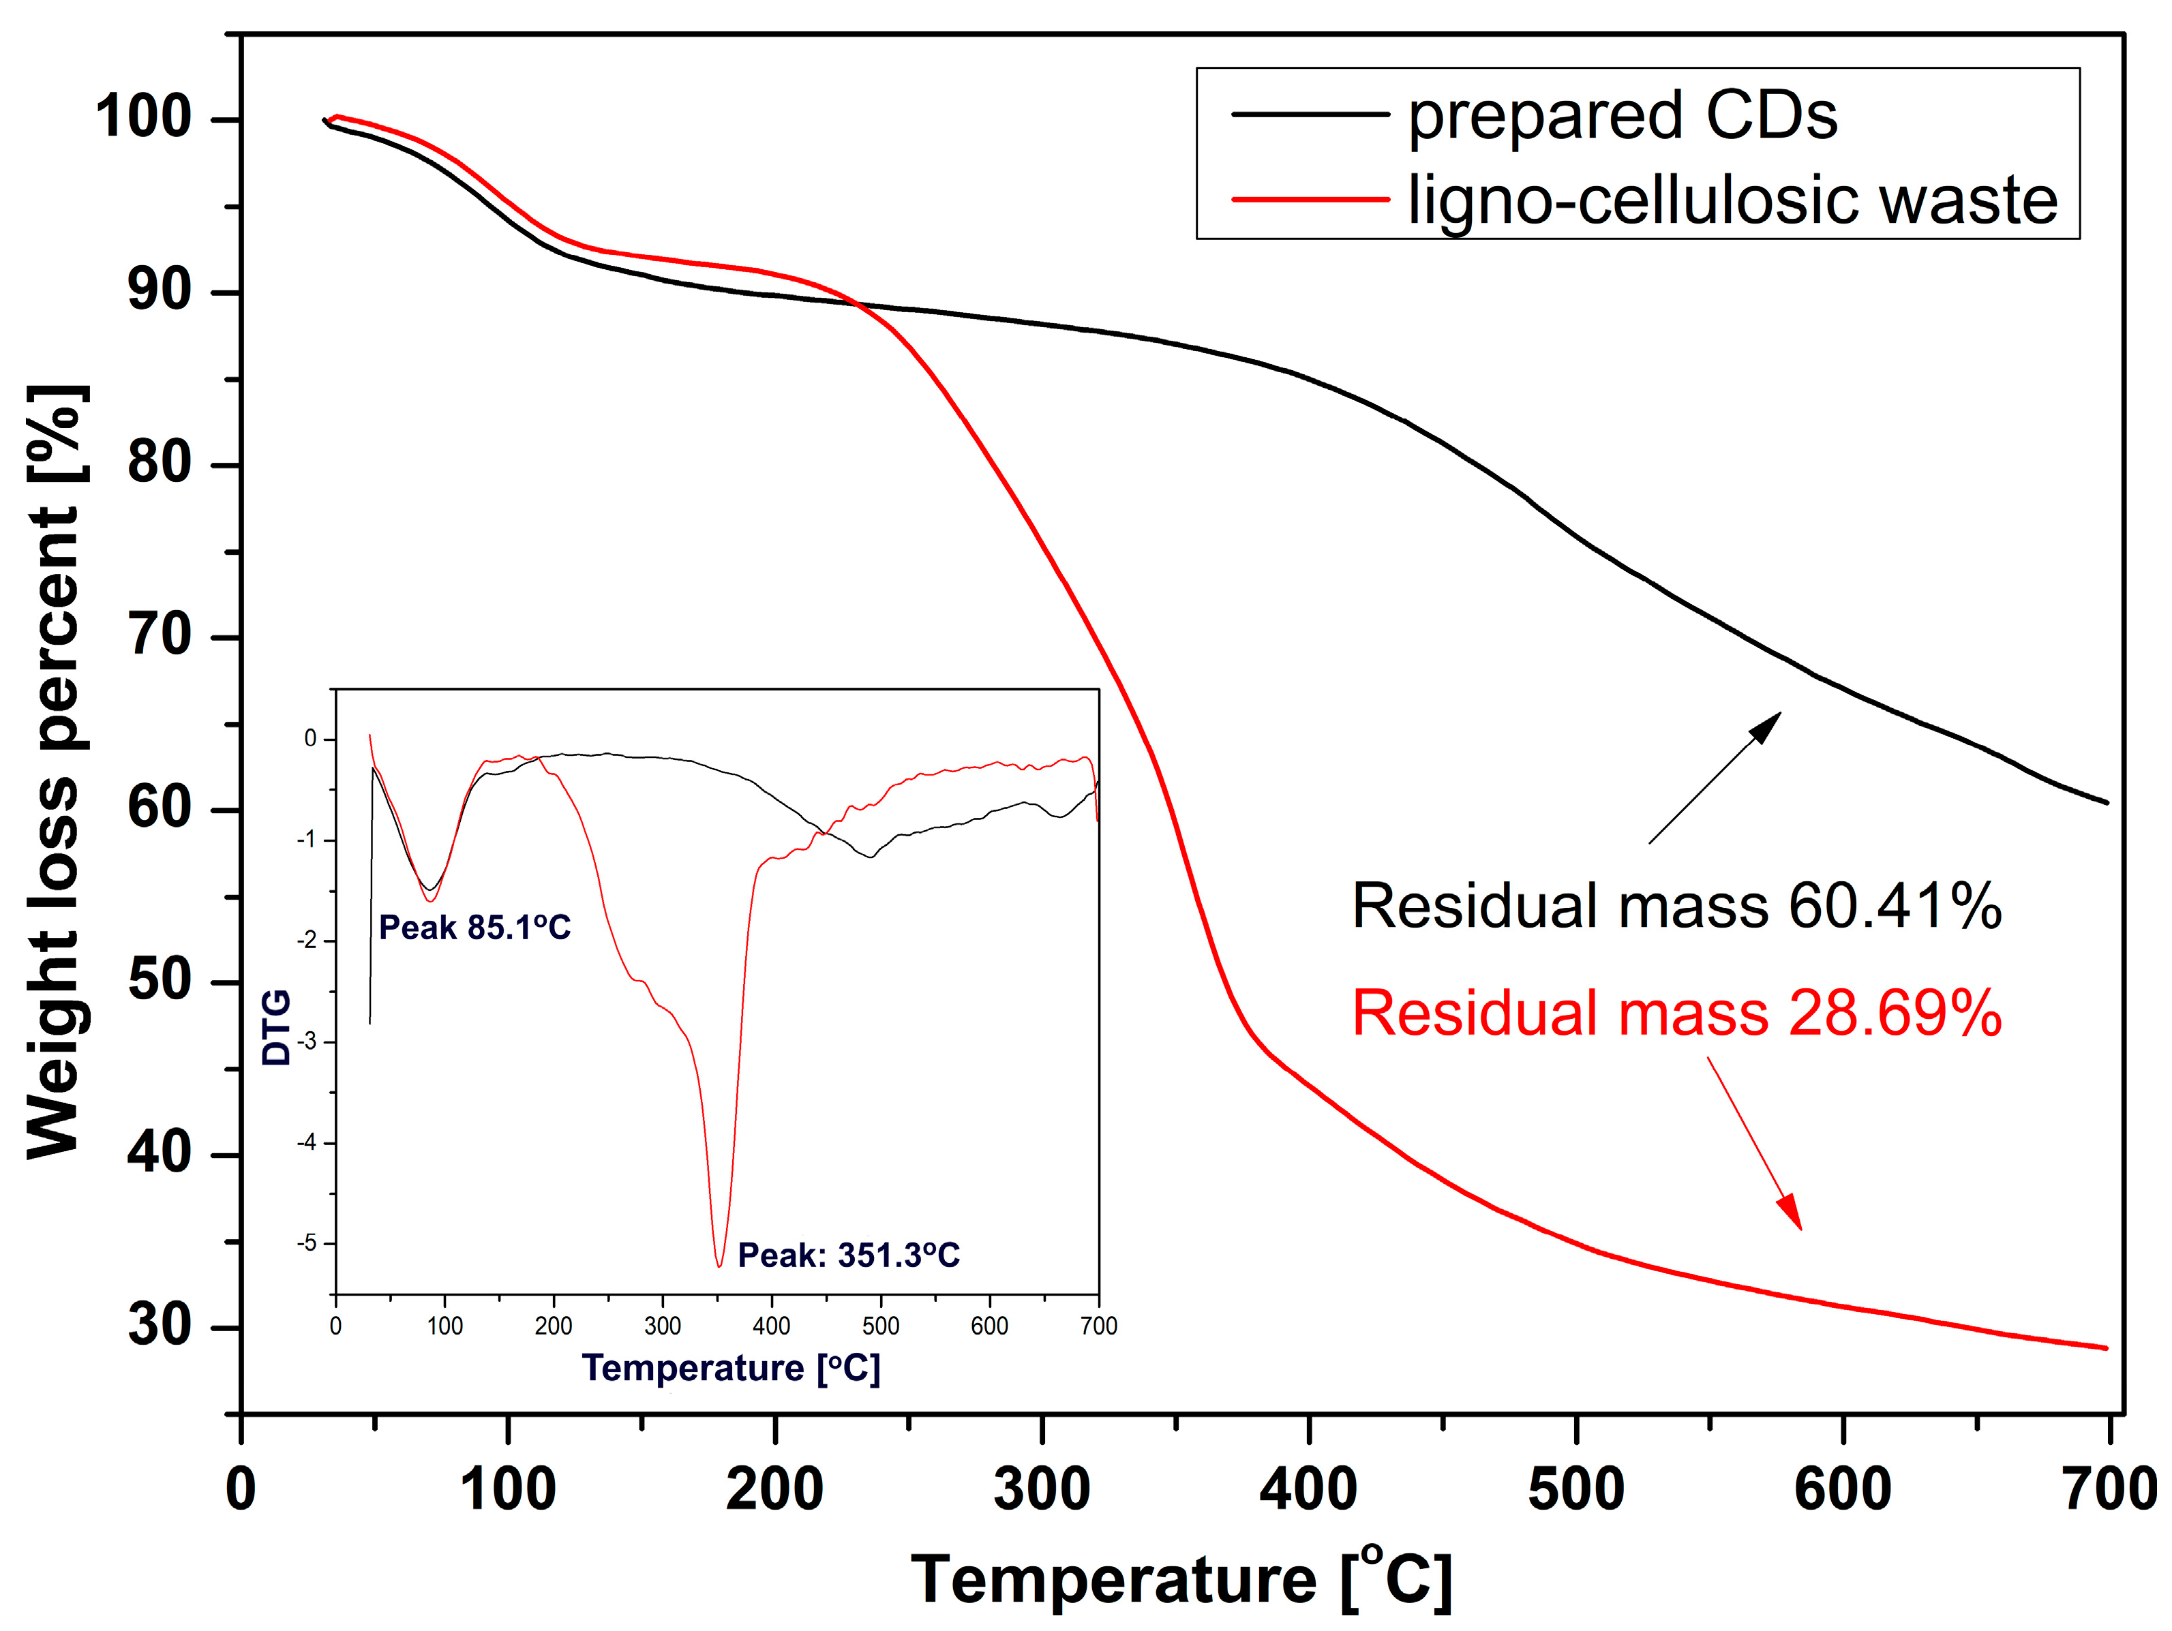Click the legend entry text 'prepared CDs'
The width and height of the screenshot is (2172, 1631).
[x=1622, y=116]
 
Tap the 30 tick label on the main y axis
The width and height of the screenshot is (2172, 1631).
[x=159, y=1326]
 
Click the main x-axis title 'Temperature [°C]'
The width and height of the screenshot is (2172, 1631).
[x=1181, y=1579]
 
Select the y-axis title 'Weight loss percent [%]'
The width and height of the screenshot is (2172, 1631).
[x=55, y=771]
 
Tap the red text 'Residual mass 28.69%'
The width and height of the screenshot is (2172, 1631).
[x=1676, y=1013]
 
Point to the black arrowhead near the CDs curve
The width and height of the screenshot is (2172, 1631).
[x=1768, y=725]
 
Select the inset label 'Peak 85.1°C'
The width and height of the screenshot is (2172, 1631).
[x=474, y=927]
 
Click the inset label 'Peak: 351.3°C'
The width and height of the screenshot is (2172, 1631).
[x=848, y=1255]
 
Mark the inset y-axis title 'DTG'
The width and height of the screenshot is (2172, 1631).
[x=276, y=1027]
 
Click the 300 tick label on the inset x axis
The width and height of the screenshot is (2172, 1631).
[x=663, y=1326]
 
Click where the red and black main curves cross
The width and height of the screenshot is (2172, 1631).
[x=857, y=303]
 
